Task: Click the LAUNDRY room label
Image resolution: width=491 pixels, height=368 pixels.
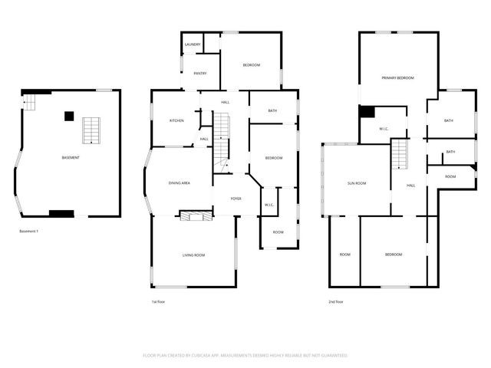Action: point(193,44)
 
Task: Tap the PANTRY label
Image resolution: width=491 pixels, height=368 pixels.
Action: point(200,74)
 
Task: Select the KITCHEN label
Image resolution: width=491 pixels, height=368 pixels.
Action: point(176,121)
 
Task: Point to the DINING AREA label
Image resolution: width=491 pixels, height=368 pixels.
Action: point(179,183)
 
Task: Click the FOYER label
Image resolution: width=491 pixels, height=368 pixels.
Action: point(236,199)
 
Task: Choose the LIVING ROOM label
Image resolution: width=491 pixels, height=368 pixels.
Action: point(193,255)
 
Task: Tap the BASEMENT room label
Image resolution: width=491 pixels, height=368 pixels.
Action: point(71,157)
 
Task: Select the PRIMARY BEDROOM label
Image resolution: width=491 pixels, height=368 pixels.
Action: point(398,78)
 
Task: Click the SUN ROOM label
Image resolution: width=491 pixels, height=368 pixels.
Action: point(356,183)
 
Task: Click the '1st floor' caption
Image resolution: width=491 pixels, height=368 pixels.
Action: point(158,302)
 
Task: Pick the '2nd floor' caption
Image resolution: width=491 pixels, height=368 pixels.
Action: point(335,302)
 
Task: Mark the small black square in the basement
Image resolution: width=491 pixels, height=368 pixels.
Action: point(69,116)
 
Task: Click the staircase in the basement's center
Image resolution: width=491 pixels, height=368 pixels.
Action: point(91,130)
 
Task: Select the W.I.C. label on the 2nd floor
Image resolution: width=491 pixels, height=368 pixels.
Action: point(384,129)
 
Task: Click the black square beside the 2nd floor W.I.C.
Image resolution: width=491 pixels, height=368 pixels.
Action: point(367,112)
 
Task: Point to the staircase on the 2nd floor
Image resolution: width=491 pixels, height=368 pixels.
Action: point(399,156)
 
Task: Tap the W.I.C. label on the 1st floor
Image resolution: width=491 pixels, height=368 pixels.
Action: point(269,205)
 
